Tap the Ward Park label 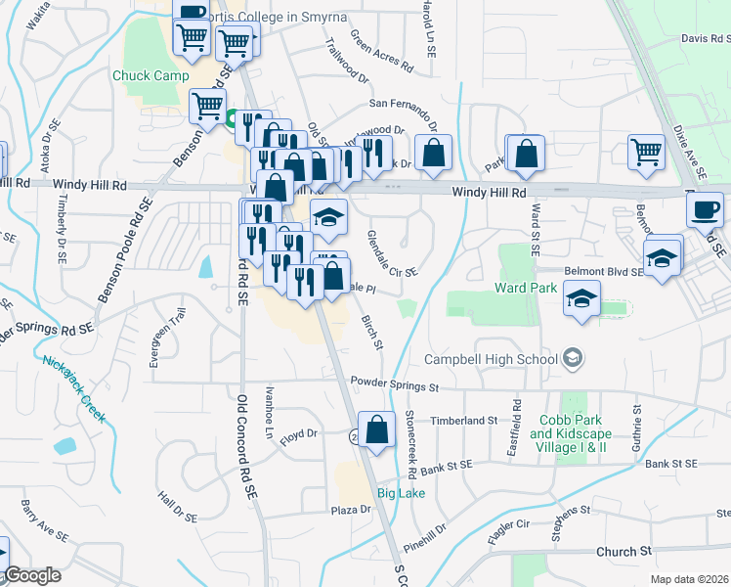coord(525,288)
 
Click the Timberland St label coord(470,420)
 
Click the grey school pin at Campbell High coord(573,359)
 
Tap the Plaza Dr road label coord(352,510)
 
